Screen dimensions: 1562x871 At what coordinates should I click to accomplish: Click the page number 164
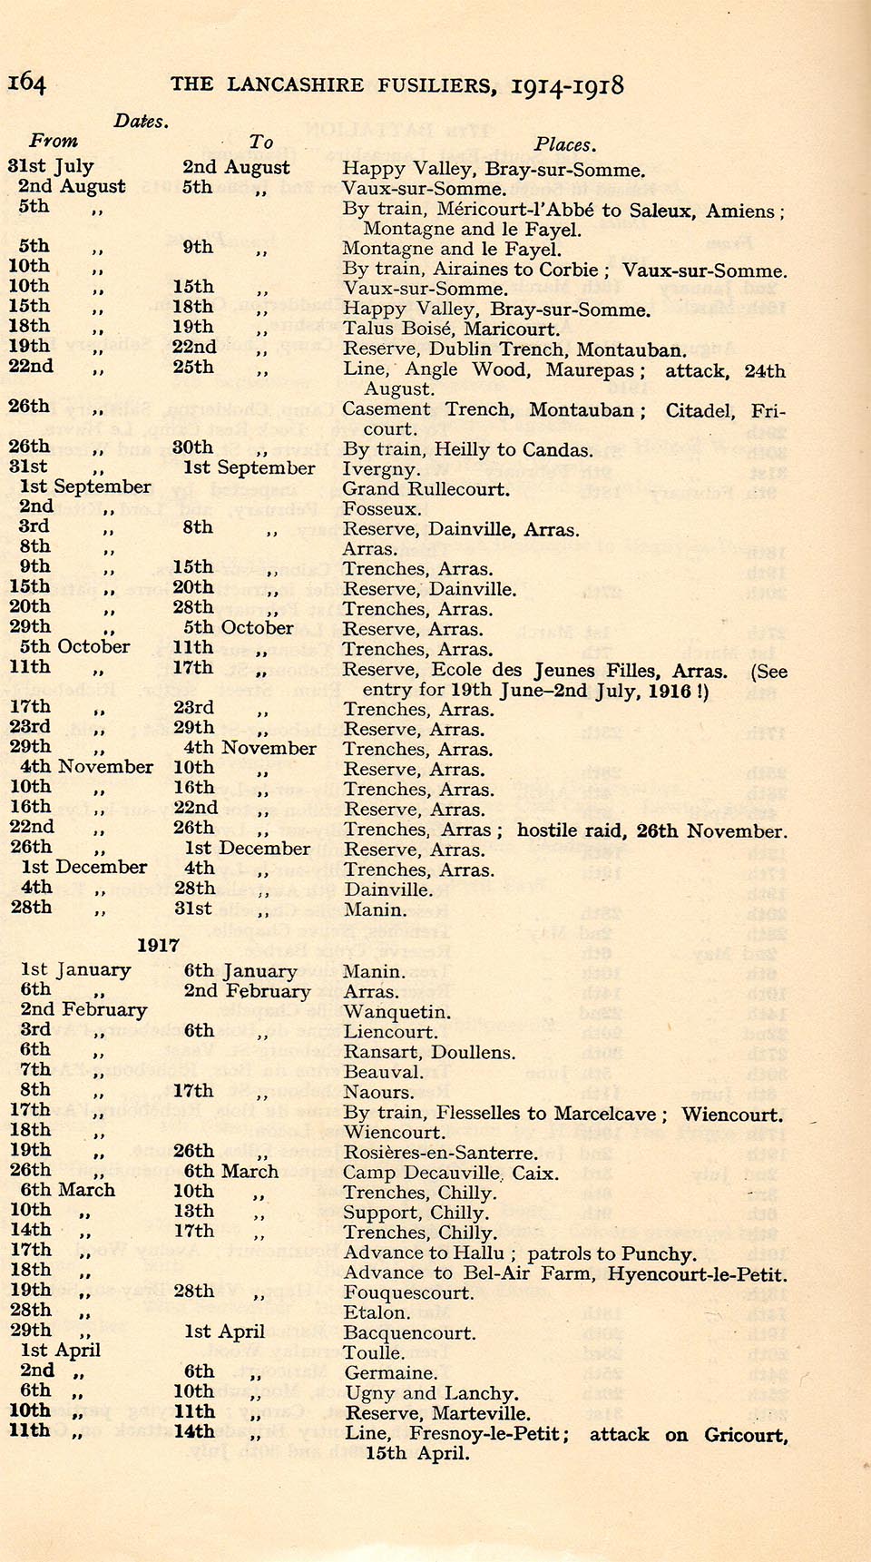26,84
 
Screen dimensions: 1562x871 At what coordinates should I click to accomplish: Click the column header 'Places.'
564,144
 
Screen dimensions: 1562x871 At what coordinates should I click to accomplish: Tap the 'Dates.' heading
141,122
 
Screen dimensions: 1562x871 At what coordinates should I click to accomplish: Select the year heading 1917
158,945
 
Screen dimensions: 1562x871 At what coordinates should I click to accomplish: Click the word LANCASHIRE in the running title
295,85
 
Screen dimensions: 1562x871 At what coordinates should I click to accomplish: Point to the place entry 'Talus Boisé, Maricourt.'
451,329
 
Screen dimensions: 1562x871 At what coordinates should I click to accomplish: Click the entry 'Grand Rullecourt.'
426,489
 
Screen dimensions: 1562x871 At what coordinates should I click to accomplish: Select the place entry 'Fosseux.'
381,509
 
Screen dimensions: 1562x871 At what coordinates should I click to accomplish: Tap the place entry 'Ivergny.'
381,469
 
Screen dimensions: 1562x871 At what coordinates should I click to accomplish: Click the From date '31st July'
51,166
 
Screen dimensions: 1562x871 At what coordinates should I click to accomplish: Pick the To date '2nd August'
236,167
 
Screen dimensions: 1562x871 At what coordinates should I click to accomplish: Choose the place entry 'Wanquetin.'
396,1012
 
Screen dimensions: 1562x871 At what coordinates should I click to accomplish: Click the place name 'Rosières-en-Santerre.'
440,1153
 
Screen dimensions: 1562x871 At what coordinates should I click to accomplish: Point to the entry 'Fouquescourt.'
408,1292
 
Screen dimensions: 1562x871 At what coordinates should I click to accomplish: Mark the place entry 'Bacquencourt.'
409,1332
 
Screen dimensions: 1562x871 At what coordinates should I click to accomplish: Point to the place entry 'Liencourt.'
390,1032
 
